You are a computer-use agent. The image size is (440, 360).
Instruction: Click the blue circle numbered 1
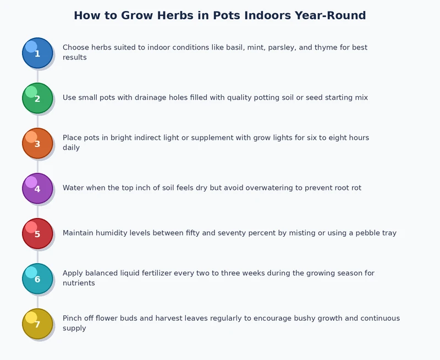click(37, 53)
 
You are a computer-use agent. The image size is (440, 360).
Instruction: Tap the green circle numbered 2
click(37, 98)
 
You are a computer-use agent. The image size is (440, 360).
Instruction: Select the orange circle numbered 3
click(37, 143)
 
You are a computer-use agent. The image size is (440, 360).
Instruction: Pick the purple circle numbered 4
click(37, 188)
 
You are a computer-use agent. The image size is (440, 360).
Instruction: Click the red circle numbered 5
click(37, 233)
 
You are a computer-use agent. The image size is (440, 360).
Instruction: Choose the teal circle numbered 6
click(37, 279)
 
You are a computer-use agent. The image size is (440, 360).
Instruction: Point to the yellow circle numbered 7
click(37, 324)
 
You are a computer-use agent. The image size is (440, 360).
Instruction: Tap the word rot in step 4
click(355, 188)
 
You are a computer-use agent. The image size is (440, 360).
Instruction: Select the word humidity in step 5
click(116, 233)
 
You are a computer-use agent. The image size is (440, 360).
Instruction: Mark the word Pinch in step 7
click(73, 318)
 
